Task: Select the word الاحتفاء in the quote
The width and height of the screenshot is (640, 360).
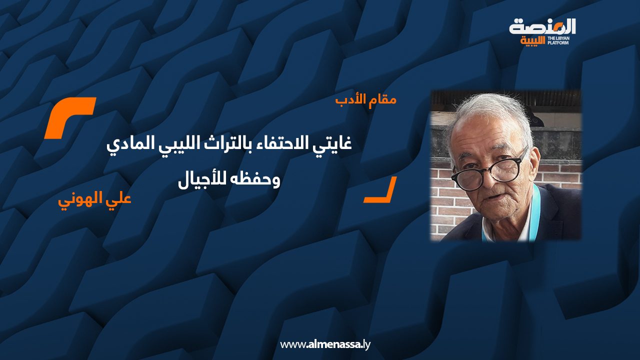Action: click(281, 144)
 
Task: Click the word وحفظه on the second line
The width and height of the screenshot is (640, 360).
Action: click(256, 180)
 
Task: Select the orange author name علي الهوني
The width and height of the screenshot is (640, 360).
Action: click(95, 199)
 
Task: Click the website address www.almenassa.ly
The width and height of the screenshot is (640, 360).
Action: click(325, 344)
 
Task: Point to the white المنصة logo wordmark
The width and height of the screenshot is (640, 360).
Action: click(542, 27)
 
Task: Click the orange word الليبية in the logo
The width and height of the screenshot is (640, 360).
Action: click(532, 40)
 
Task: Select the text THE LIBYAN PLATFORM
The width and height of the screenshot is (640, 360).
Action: click(557, 40)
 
